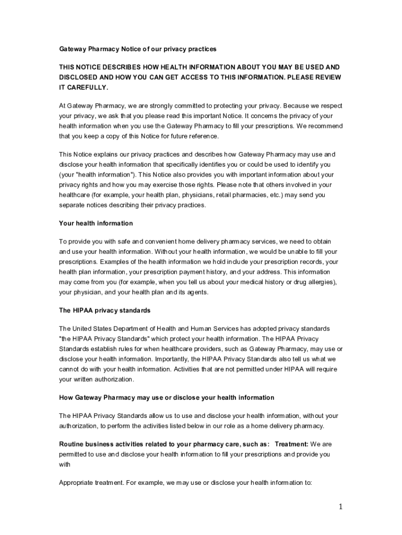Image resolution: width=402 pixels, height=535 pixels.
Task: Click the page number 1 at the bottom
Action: coord(339,506)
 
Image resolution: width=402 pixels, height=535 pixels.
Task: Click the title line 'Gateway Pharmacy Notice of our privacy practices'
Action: coord(137,49)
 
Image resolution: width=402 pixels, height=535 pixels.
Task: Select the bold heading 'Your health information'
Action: coord(96,223)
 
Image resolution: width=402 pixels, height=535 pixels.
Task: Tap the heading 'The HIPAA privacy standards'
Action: coord(104,310)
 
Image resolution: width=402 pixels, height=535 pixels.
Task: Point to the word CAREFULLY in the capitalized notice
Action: coord(82,87)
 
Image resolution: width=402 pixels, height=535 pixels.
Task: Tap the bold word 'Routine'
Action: coord(72,444)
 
